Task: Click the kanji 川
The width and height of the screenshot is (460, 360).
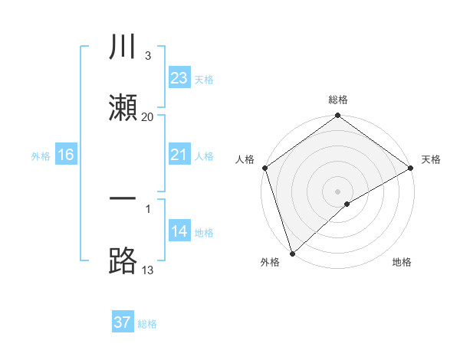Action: pyautogui.click(x=123, y=47)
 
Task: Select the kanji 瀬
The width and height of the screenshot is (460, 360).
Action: pyautogui.click(x=123, y=107)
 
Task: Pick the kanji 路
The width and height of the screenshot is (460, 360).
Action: pyautogui.click(x=123, y=260)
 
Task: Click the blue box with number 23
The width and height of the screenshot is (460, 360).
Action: pyautogui.click(x=179, y=77)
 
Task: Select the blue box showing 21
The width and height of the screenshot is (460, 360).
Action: pyautogui.click(x=179, y=155)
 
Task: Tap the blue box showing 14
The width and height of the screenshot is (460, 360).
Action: pyautogui.click(x=179, y=231)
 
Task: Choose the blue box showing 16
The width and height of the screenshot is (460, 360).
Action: pyautogui.click(x=66, y=155)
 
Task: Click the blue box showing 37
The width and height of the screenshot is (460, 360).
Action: pyautogui.click(x=123, y=322)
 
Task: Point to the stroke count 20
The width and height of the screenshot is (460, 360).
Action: pyautogui.click(x=148, y=117)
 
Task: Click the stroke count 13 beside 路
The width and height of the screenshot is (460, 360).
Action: pyautogui.click(x=148, y=270)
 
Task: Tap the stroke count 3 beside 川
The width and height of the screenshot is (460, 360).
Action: pyautogui.click(x=147, y=56)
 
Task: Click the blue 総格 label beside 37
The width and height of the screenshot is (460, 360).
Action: pyautogui.click(x=147, y=324)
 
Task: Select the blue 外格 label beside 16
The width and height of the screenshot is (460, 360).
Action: pyautogui.click(x=41, y=155)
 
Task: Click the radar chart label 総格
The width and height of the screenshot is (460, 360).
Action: pyautogui.click(x=338, y=100)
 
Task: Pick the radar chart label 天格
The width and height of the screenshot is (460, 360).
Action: pyautogui.click(x=431, y=159)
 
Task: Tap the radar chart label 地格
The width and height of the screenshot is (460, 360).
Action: pyautogui.click(x=402, y=262)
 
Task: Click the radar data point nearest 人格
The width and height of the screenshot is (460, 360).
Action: pyautogui.click(x=264, y=168)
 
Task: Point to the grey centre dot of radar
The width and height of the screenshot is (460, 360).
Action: pyautogui.click(x=337, y=191)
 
